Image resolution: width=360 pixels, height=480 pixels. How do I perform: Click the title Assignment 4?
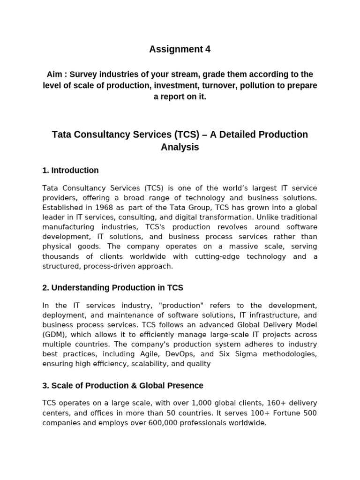click(x=180, y=49)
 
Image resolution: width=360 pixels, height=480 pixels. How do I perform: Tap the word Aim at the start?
click(x=54, y=75)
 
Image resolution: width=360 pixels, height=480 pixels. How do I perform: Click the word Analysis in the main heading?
click(x=180, y=147)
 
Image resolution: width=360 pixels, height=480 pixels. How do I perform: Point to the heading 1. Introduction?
click(x=70, y=170)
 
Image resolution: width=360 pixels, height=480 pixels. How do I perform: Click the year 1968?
click(x=103, y=207)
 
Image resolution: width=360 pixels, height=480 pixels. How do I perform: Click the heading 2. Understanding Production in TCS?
click(x=112, y=287)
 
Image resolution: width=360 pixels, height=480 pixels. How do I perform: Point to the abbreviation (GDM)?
click(x=54, y=335)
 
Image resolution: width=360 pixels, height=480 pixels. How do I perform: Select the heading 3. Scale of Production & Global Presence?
click(x=123, y=386)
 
